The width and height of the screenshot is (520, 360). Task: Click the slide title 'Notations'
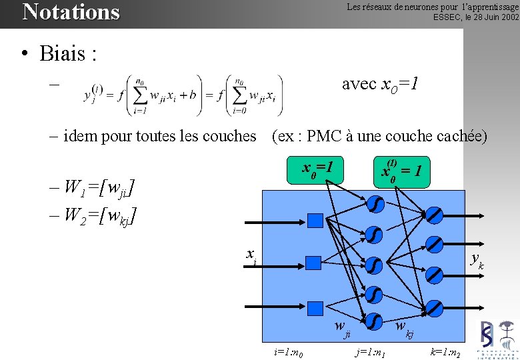coord(71,12)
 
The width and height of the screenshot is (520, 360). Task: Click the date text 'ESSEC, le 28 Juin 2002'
coord(475,17)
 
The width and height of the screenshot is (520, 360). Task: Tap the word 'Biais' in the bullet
coord(68,53)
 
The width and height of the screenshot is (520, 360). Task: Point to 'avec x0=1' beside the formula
coord(380,84)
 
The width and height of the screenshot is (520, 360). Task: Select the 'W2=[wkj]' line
coord(94,215)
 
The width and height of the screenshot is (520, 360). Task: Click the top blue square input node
coord(315,220)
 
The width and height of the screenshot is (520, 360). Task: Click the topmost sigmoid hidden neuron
coord(374,203)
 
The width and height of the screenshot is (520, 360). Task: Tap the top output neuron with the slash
coord(434,215)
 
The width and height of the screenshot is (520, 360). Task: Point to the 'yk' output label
coord(476,260)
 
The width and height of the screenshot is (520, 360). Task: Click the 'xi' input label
coord(251,255)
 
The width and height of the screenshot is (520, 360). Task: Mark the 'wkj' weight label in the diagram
coord(404,328)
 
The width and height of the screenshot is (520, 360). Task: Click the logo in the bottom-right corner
coord(497,339)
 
